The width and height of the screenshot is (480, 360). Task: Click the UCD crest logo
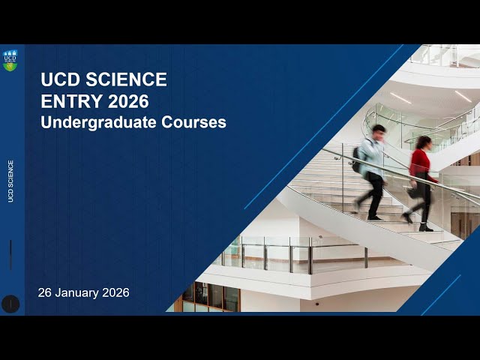pyautogui.click(x=10, y=60)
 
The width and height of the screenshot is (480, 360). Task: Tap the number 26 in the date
pyautogui.click(x=45, y=292)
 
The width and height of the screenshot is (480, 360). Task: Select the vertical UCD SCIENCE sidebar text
pyautogui.click(x=10, y=181)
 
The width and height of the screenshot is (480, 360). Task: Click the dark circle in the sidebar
pyautogui.click(x=10, y=304)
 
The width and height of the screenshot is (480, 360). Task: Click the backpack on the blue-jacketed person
pyautogui.click(x=358, y=157)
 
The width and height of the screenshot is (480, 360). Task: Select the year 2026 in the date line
pyautogui.click(x=115, y=292)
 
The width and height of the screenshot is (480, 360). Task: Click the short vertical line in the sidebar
pyautogui.click(x=10, y=255)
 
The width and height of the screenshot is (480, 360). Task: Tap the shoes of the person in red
pyautogui.click(x=417, y=223)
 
